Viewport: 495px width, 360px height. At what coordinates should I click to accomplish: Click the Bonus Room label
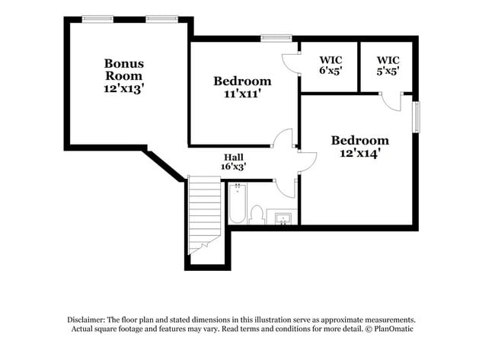tap(124, 70)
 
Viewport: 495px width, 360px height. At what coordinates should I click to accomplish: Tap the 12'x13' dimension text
tap(124, 88)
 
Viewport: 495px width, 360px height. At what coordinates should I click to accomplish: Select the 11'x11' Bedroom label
tap(242, 81)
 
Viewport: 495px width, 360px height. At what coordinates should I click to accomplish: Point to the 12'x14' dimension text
tap(359, 152)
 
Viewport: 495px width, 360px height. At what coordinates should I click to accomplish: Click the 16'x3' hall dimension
tap(233, 165)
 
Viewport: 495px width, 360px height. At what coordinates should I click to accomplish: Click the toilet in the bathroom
tap(257, 215)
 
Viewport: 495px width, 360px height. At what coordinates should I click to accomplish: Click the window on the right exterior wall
tap(416, 117)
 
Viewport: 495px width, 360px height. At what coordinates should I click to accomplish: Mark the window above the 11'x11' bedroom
tap(276, 37)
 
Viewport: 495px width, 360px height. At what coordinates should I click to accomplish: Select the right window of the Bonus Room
tap(158, 19)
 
